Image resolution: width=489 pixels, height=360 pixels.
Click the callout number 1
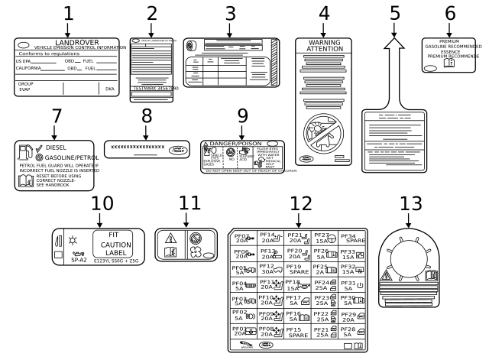[68, 14]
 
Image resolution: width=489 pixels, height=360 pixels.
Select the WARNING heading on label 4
[324, 42]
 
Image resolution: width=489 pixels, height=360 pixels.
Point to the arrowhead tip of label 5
[394, 40]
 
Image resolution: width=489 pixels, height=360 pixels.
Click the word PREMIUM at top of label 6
[449, 41]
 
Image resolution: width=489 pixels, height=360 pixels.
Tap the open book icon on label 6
[449, 63]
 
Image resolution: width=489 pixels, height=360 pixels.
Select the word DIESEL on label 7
[57, 147]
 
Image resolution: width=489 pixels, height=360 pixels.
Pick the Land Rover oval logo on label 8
[177, 150]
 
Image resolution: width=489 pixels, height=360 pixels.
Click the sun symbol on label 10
[73, 240]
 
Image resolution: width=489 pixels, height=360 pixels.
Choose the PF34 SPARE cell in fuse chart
[352, 238]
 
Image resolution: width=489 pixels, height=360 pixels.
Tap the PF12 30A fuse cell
[270, 269]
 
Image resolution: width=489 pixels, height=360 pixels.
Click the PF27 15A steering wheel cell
[325, 238]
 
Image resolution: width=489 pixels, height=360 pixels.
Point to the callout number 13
[410, 203]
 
